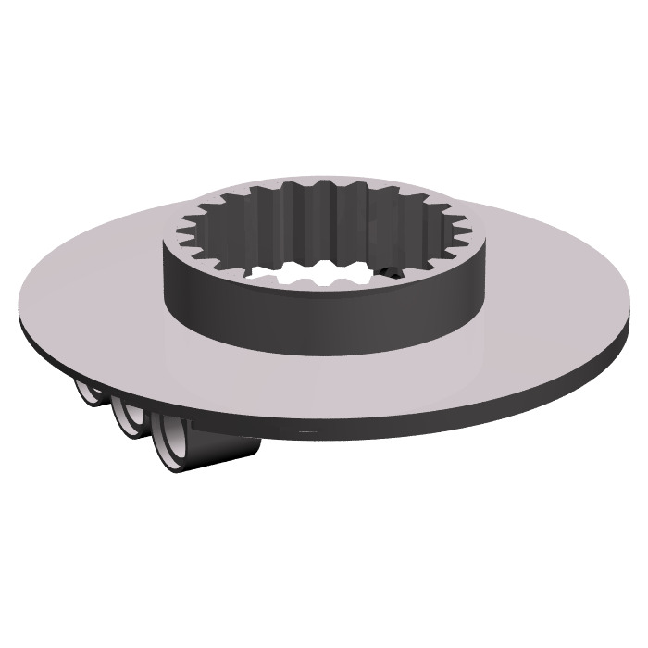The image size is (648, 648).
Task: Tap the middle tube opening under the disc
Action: coord(125,418)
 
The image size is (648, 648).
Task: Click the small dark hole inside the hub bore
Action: coord(393,273)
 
